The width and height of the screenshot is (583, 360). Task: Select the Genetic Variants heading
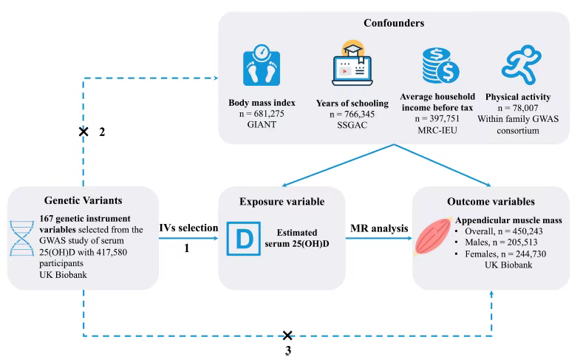pos(82,200)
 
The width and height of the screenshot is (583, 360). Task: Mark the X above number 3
pos(288,336)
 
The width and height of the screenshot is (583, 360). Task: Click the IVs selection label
pos(188,228)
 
